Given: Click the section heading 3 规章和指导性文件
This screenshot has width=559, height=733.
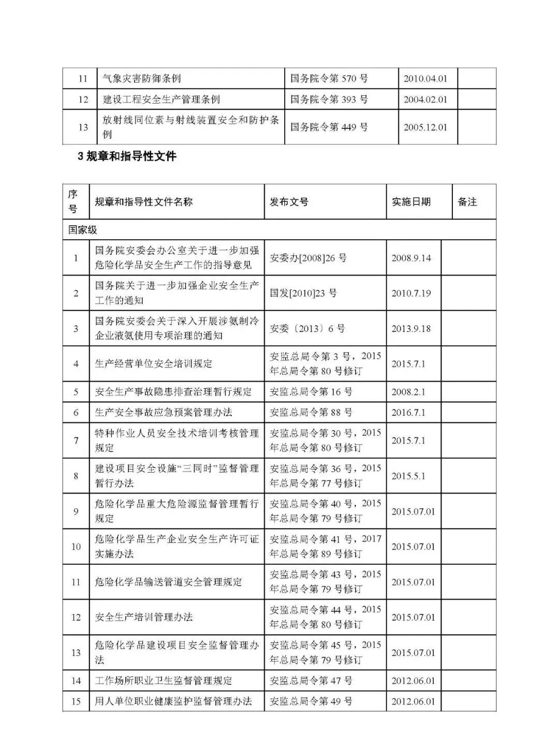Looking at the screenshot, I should click(x=127, y=156).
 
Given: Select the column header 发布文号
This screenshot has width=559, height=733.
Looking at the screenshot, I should click(x=289, y=202).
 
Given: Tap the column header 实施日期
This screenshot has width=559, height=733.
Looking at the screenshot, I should click(x=411, y=202).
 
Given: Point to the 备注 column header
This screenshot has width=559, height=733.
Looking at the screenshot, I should click(x=467, y=202).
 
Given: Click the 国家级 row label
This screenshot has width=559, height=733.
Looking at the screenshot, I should click(x=83, y=230).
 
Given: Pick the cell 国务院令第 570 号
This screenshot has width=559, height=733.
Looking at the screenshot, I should click(x=329, y=79).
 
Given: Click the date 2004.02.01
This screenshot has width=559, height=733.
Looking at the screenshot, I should click(x=425, y=99).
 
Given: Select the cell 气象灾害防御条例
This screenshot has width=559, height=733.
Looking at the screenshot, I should click(x=142, y=79).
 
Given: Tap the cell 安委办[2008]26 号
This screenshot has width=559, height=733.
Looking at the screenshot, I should click(x=308, y=258).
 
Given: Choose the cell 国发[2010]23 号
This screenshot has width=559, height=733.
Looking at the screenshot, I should click(x=303, y=293).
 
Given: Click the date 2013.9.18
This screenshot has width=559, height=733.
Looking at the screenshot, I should click(x=411, y=329).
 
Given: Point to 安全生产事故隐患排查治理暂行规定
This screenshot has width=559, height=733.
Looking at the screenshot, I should click(x=173, y=392).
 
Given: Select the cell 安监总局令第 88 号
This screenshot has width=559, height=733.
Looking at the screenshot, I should click(x=311, y=413).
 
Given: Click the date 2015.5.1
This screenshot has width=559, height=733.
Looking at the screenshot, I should click(x=408, y=476).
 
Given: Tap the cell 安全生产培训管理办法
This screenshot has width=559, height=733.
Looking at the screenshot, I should click(x=144, y=617).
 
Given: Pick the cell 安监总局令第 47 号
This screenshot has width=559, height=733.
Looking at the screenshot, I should click(x=311, y=681).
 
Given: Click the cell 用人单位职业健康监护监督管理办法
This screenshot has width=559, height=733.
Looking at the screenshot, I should click(x=173, y=701).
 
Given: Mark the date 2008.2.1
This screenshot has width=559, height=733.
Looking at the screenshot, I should click(x=408, y=392).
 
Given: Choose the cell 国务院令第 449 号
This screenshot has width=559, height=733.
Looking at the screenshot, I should click(x=329, y=127).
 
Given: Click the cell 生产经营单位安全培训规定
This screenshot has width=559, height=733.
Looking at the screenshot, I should click(x=154, y=363).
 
